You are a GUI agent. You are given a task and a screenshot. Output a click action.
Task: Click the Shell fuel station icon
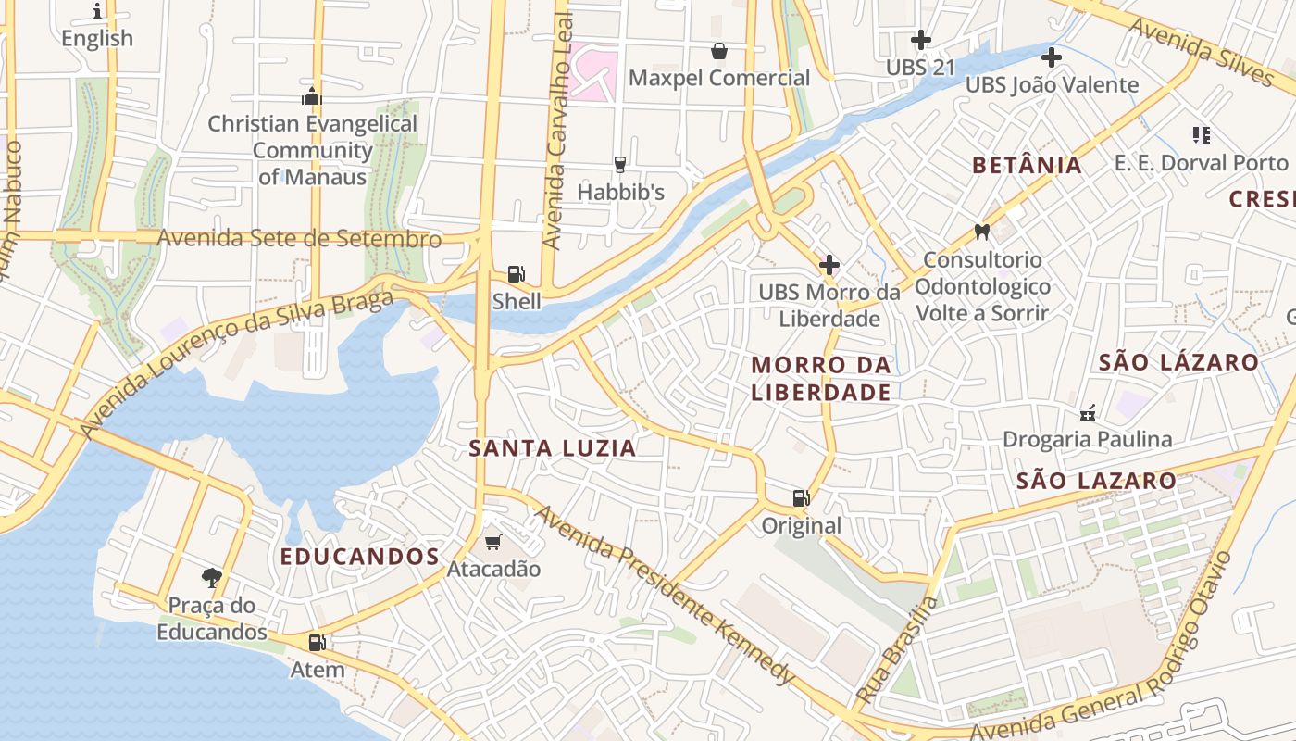coord(517,274)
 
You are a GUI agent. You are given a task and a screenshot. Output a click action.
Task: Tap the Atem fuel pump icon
coord(317,642)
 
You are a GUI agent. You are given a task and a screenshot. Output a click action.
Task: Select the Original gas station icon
coord(801,498)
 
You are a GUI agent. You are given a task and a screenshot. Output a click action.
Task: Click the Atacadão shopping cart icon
coord(492,542)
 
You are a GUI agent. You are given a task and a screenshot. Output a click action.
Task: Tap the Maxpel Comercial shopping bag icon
coord(718,51)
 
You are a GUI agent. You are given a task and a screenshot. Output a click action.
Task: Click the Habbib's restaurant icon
coord(620,165)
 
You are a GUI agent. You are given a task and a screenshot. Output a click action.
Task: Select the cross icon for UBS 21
coord(920,40)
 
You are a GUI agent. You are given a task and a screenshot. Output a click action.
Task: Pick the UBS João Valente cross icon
coord(1052,57)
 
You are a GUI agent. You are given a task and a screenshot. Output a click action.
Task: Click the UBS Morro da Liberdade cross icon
coord(829,265)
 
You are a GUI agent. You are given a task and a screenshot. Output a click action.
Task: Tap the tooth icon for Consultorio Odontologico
coord(982,232)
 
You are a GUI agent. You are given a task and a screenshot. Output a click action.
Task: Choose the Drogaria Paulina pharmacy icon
coord(1088,412)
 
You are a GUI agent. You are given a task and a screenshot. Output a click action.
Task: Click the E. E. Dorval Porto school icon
coord(1202,135)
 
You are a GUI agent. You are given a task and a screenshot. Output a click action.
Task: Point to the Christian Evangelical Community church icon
coord(312,96)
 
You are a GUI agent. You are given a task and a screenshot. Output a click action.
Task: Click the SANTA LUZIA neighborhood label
coord(553,449)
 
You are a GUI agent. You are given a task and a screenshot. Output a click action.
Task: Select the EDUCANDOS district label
coord(359,557)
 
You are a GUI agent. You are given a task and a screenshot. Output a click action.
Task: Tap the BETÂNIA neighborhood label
coord(1027,166)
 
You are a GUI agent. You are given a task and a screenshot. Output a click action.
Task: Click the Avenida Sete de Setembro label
coord(299,238)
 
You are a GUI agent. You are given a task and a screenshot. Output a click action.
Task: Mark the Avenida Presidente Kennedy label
coord(665,595)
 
